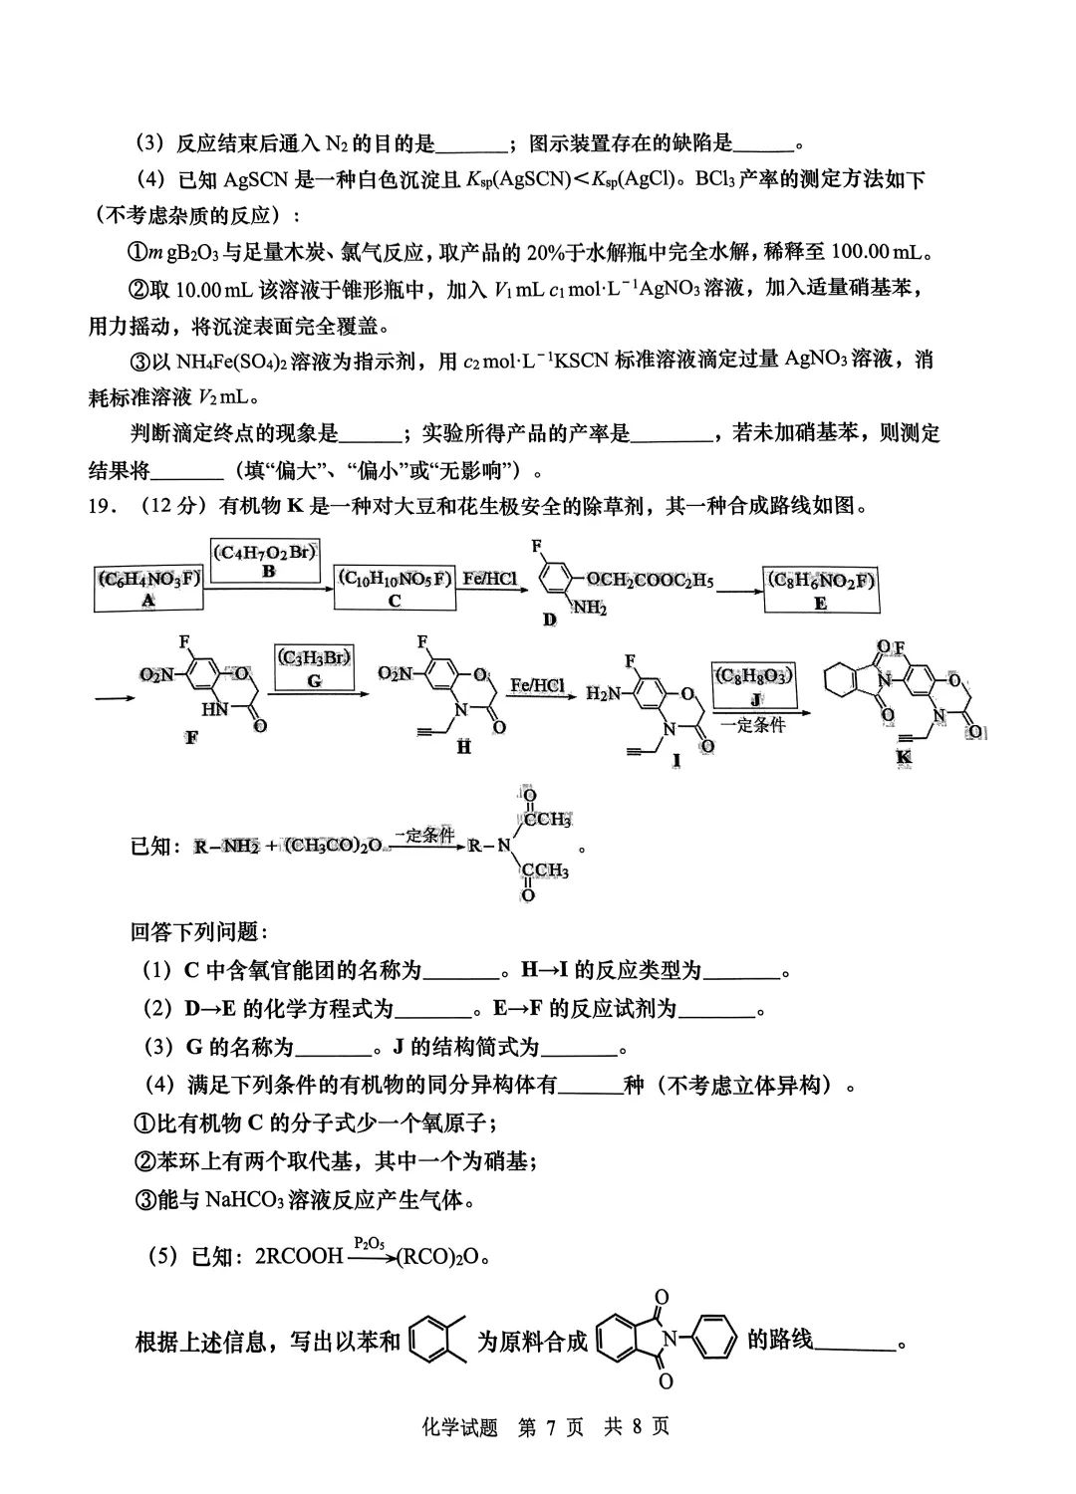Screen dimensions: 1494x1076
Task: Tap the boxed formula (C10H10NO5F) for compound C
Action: coord(395,579)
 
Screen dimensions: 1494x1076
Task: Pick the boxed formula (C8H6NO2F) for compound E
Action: coord(820,581)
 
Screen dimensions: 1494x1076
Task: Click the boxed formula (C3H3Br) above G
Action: coord(315,657)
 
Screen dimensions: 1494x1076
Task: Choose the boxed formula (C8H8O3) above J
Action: coord(754,675)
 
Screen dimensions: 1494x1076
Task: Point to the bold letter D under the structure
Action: coord(550,620)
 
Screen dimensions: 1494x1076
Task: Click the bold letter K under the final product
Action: coord(904,757)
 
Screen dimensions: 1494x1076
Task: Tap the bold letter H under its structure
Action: coord(464,746)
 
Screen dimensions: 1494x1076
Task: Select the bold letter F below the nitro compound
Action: coord(190,738)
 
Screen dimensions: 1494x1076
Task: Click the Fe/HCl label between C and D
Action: coord(489,579)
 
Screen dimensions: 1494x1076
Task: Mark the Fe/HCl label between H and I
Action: coord(538,685)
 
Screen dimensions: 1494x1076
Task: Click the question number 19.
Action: coord(103,506)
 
